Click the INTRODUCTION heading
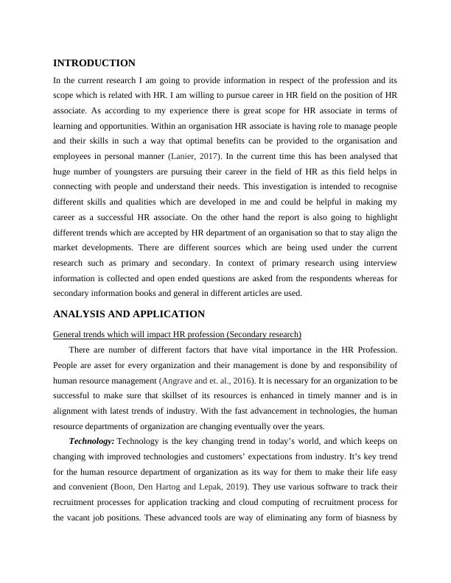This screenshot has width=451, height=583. (95, 63)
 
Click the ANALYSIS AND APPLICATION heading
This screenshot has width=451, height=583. (129, 314)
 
